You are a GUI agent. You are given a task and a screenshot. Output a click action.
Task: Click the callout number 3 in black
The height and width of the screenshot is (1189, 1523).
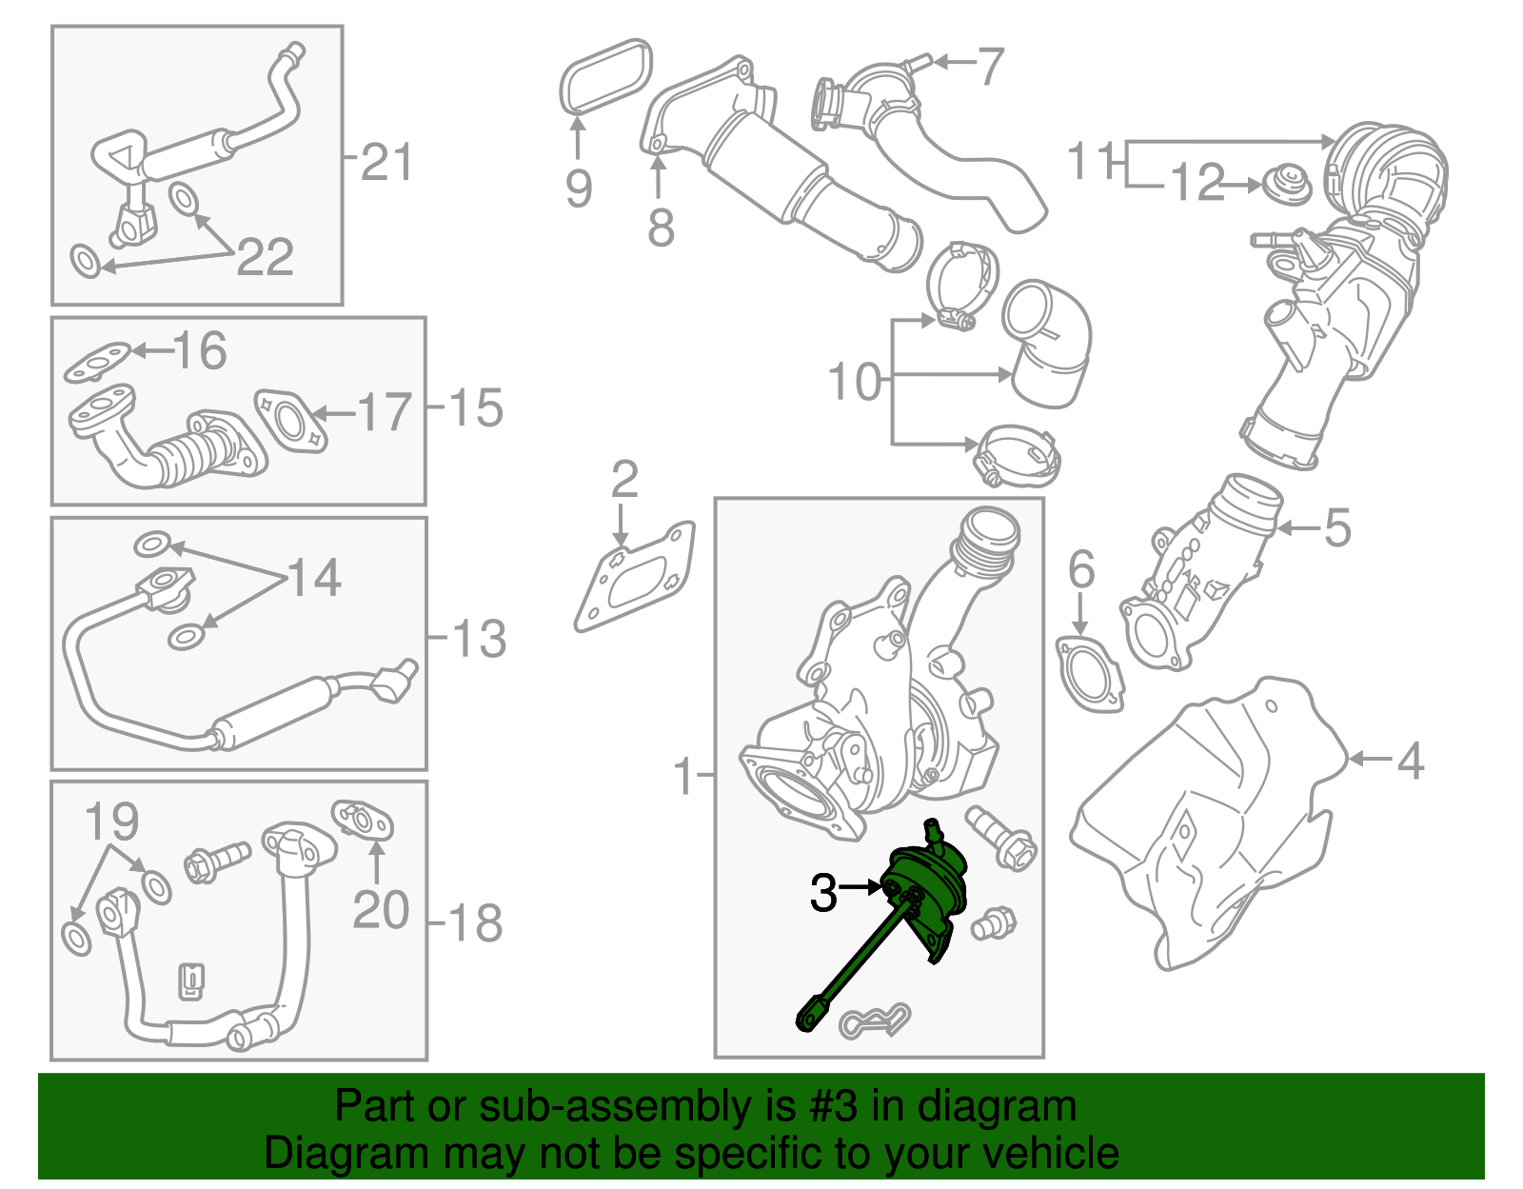[823, 893]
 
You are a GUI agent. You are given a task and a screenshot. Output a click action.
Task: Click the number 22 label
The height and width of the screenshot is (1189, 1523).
[265, 257]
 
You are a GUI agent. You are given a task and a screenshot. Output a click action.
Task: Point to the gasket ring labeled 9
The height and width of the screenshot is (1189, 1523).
[605, 76]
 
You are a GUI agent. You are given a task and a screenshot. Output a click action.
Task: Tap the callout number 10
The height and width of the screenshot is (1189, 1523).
[855, 382]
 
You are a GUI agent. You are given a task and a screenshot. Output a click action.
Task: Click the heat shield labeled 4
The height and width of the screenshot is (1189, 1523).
[1209, 819]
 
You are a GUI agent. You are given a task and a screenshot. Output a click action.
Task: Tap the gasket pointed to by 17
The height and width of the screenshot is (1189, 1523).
[290, 420]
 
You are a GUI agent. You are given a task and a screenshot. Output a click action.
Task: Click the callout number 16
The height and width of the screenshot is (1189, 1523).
[200, 350]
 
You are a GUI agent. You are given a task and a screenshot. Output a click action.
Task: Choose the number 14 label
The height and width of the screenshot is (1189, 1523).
[314, 578]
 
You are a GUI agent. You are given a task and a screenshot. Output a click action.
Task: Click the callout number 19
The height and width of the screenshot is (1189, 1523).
[111, 821]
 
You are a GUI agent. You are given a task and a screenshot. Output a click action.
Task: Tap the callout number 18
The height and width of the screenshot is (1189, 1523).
[474, 923]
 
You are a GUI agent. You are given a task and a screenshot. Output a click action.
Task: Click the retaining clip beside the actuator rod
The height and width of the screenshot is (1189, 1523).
[874, 1021]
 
